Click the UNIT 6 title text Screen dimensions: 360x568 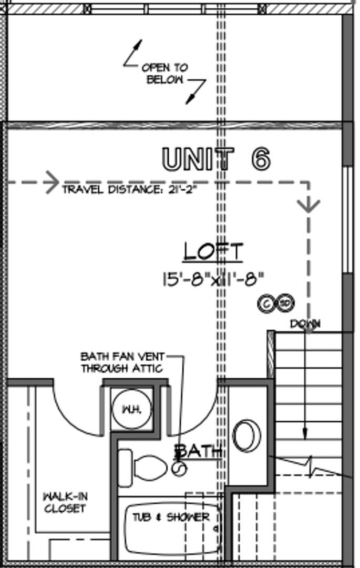tap(217, 159)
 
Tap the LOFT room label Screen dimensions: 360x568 tap(213, 251)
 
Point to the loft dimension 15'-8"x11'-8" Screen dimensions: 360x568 tap(213, 279)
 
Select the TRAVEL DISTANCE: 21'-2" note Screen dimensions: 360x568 tap(129, 189)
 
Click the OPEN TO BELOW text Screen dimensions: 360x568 tap(165, 74)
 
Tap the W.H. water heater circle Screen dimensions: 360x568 tap(132, 409)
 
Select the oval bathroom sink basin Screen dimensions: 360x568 tap(246, 436)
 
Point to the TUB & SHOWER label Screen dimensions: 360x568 tap(171, 517)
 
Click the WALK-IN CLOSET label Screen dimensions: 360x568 tap(65, 502)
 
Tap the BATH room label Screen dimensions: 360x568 tap(199, 451)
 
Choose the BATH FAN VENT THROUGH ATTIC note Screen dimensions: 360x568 tap(122, 362)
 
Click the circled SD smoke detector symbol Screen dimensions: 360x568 tap(285, 303)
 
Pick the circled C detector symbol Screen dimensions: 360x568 tap(266, 303)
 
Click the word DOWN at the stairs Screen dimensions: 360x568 tap(305, 323)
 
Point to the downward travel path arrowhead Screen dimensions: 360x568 tap(308, 206)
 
